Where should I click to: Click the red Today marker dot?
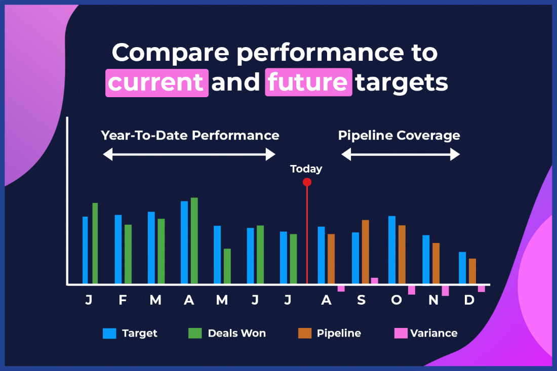pyautogui.click(x=306, y=182)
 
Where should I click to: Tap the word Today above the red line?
pyautogui.click(x=306, y=169)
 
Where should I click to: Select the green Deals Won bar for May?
pyautogui.click(x=227, y=266)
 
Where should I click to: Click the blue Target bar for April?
pyautogui.click(x=184, y=242)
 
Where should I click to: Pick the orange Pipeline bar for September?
pyautogui.click(x=365, y=252)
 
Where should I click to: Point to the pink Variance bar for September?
pyautogui.click(x=374, y=281)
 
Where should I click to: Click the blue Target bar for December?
pyautogui.click(x=462, y=268)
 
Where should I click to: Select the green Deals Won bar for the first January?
pyautogui.click(x=95, y=243)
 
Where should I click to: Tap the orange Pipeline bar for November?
pyautogui.click(x=436, y=264)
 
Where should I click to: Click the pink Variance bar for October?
pyautogui.click(x=412, y=290)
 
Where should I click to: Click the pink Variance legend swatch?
pyautogui.click(x=401, y=333)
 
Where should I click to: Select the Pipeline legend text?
pyautogui.click(x=339, y=333)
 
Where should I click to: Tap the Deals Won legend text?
pyautogui.click(x=236, y=333)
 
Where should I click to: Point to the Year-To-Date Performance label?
pyautogui.click(x=190, y=136)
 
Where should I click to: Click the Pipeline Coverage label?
pyautogui.click(x=399, y=136)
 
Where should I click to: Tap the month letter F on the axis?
pyautogui.click(x=123, y=300)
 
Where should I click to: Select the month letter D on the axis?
pyautogui.click(x=469, y=300)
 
